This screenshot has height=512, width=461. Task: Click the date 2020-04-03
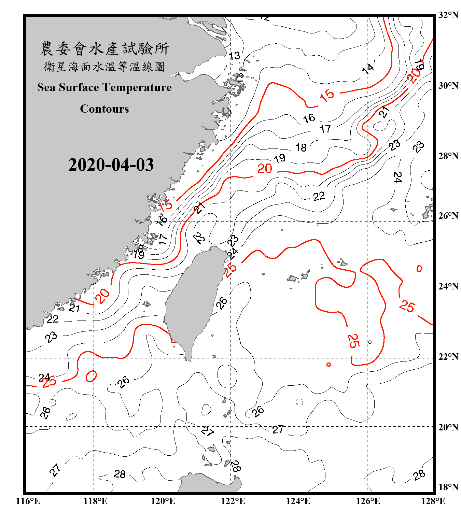[x=111, y=165]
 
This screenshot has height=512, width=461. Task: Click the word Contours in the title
[x=104, y=109]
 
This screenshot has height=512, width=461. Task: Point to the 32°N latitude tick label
[x=448, y=15]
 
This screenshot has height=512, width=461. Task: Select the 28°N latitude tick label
[x=448, y=156]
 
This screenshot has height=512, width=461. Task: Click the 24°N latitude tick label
[x=448, y=286]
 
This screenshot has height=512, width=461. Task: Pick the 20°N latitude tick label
[x=448, y=427]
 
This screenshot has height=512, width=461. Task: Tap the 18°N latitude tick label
[x=448, y=487]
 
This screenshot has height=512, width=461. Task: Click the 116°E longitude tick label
[x=28, y=501]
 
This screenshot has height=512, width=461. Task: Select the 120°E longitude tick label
[x=163, y=501]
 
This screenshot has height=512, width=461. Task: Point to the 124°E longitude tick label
[x=298, y=501]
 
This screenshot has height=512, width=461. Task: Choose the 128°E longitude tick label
[x=433, y=501]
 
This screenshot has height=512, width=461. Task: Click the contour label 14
[x=368, y=69]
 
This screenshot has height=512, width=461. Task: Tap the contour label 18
[x=301, y=147]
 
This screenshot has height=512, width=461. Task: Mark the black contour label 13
[x=235, y=56]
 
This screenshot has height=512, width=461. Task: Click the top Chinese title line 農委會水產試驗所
[x=104, y=49]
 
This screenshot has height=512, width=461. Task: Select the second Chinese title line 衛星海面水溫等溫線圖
[x=104, y=67]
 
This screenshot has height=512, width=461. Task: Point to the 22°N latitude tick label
[x=448, y=357]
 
